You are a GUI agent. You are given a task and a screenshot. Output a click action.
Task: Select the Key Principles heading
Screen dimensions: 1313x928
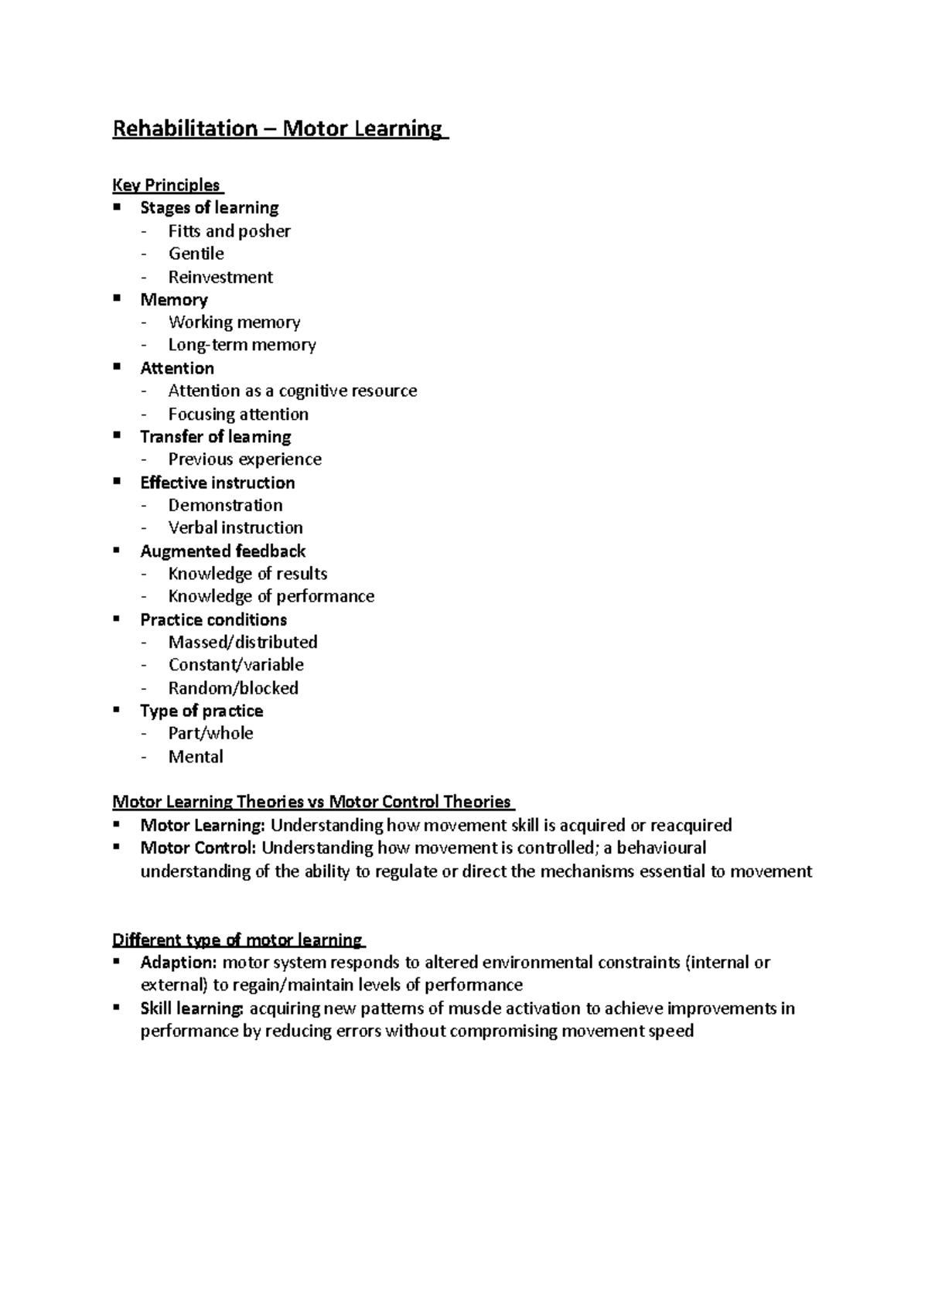(166, 186)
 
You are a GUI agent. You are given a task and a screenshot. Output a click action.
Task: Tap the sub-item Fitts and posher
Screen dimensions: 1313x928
(229, 231)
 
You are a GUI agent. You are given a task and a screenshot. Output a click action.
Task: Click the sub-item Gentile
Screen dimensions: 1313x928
(196, 254)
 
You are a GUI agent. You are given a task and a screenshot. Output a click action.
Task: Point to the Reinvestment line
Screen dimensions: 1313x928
(220, 277)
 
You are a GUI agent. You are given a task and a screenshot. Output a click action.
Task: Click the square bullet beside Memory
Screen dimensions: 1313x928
(117, 298)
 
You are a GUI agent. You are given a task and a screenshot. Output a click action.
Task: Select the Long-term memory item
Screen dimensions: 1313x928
(242, 345)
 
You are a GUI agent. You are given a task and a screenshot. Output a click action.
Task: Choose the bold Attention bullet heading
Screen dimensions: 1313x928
(177, 368)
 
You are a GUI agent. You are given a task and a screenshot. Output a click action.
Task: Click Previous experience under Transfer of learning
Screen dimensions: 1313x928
(244, 459)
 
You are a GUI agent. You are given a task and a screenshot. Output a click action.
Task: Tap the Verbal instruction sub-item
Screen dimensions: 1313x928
(235, 528)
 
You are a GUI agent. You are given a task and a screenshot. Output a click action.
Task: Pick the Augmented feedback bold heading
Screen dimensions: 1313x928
(223, 551)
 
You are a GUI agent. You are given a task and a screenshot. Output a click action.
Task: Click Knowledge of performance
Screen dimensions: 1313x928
(271, 596)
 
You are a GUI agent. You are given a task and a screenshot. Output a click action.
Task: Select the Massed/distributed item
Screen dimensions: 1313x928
(243, 643)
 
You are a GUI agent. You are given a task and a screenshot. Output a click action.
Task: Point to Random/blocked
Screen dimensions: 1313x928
(233, 688)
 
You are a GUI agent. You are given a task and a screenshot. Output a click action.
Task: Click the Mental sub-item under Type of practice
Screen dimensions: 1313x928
(196, 757)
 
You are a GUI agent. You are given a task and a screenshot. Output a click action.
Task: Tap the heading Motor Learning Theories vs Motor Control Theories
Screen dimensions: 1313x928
(312, 802)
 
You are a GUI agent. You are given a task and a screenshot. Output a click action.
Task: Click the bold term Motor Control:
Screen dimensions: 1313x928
(198, 848)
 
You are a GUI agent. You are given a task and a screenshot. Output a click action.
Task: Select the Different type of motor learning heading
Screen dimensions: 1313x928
(237, 940)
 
